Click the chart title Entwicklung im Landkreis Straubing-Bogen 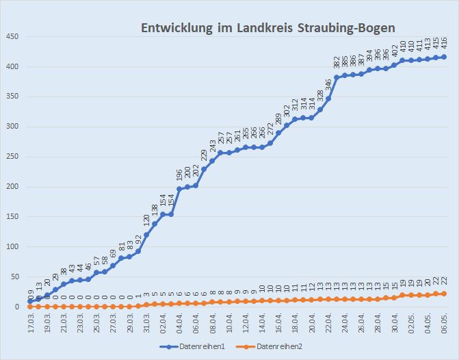point(269,28)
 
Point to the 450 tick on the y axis point(11,36)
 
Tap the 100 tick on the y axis point(11,247)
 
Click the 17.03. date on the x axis point(30,325)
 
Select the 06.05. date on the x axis point(444,325)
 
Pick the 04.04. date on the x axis point(179,325)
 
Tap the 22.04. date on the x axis point(328,325)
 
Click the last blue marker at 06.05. point(444,57)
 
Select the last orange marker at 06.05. point(444,294)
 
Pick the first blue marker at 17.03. point(30,301)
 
